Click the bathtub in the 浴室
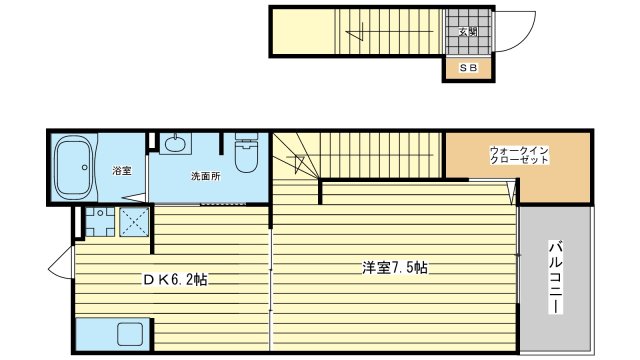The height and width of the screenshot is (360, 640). (x=75, y=168)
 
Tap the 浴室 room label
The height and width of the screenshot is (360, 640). (x=122, y=171)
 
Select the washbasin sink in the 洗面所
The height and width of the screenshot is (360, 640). (x=176, y=143)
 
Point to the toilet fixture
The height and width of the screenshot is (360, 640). (x=246, y=152)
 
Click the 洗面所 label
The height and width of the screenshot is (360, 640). (x=206, y=176)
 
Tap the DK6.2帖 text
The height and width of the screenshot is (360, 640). (x=175, y=280)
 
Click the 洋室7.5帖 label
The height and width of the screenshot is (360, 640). (x=395, y=268)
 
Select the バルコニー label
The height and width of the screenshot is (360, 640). (x=555, y=278)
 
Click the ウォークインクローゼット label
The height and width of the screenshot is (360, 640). (x=519, y=155)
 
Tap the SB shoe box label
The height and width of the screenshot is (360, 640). (x=468, y=68)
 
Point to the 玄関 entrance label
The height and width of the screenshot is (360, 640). (x=468, y=31)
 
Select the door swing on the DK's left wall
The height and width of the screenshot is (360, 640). (x=59, y=265)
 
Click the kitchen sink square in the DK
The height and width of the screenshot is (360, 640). (x=130, y=334)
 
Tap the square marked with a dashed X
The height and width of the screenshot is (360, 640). (x=134, y=222)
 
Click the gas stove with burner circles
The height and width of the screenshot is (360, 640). (x=100, y=222)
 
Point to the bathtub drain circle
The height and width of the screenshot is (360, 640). (x=84, y=167)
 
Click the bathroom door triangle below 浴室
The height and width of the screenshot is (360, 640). (x=134, y=198)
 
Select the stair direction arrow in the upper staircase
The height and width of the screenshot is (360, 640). (x=354, y=32)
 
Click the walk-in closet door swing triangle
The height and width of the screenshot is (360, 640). (x=511, y=193)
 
